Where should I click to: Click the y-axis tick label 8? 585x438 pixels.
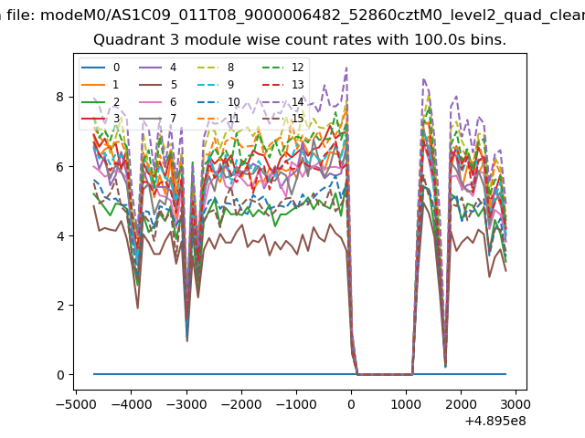(x=59, y=97)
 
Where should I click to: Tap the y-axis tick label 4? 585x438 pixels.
(x=59, y=235)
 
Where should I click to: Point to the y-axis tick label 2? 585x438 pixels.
(x=59, y=305)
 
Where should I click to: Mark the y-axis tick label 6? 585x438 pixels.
(x=59, y=166)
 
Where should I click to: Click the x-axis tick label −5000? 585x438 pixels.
(x=72, y=402)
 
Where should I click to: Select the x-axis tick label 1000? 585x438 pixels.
(x=406, y=402)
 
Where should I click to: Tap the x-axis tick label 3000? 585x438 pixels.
(x=516, y=402)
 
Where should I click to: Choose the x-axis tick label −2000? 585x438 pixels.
(x=238, y=402)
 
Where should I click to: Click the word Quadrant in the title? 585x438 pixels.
(x=124, y=40)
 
